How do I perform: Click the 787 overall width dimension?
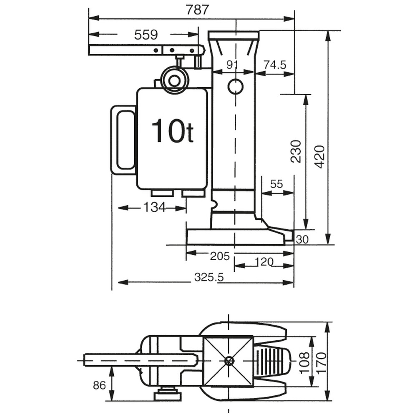click(197, 10)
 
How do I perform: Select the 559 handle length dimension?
click(146, 35)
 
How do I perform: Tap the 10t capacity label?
click(172, 131)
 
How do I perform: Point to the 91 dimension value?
click(232, 65)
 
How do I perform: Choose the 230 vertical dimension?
click(295, 151)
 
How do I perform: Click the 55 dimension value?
click(276, 184)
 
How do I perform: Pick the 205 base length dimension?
click(220, 256)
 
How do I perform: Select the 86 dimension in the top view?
click(99, 386)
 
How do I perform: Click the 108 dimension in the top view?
click(304, 361)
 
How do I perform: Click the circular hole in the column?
click(235, 86)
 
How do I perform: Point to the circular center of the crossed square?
click(228, 361)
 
